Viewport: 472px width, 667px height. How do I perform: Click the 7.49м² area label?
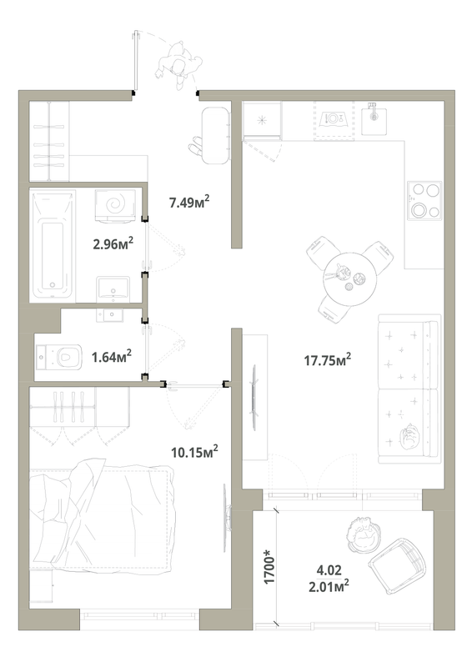189,203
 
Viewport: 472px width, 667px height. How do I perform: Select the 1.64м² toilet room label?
112,357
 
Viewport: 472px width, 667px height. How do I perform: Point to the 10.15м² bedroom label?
193,453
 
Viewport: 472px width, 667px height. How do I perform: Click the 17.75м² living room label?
324,359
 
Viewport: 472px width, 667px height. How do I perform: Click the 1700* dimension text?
268,569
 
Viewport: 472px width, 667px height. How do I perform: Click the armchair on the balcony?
395,566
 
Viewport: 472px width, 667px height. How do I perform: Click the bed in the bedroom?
100,534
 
